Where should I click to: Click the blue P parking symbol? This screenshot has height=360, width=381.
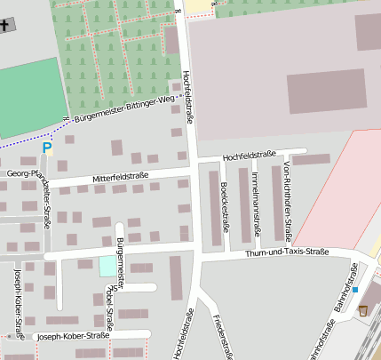[47, 148]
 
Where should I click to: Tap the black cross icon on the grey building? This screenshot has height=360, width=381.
[7, 24]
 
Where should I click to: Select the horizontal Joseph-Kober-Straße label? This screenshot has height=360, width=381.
[71, 336]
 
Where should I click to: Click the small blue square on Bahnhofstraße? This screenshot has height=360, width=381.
[354, 290]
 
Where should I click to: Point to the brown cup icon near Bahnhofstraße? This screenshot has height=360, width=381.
[363, 310]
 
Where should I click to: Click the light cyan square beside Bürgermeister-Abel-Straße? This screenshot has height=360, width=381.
[107, 265]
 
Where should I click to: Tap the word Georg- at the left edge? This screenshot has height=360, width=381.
[18, 174]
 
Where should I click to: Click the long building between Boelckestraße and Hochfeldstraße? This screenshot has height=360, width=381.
[214, 209]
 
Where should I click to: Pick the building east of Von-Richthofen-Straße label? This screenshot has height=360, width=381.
[311, 159]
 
